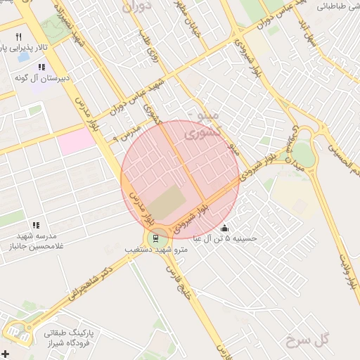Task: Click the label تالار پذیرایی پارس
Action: (x=24, y=49)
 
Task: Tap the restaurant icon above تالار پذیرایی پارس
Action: (x=19, y=37)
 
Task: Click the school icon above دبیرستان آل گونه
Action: (x=41, y=67)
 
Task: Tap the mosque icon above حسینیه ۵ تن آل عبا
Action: (x=225, y=228)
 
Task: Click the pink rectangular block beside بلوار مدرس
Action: (x=76, y=141)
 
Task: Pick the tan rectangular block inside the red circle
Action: (x=167, y=204)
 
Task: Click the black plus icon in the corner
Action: (x=6, y=353)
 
